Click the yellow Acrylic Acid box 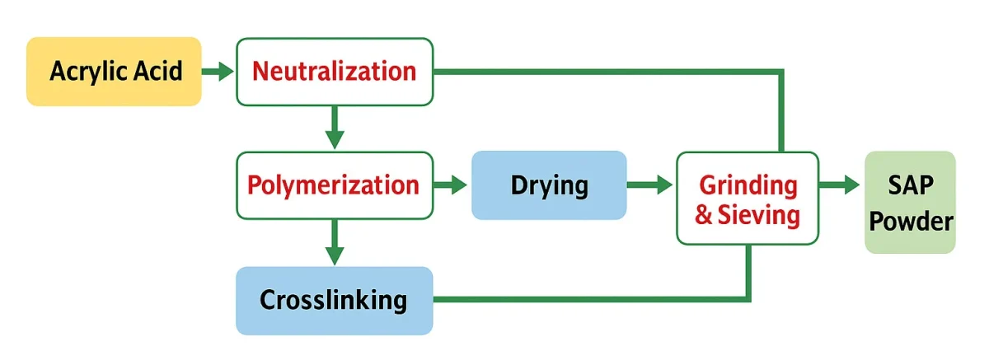tap(114, 72)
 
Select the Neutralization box tap(334, 72)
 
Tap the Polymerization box tap(334, 185)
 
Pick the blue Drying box tap(549, 185)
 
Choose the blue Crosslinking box tap(334, 300)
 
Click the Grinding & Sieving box tap(748, 198)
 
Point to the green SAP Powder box tap(911, 202)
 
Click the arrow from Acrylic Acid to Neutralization tap(218, 72)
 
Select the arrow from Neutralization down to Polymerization tap(334, 128)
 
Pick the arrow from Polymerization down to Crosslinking tap(334, 242)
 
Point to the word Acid tap(160, 72)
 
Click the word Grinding tap(748, 185)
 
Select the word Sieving tap(759, 215)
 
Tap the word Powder tap(912, 221)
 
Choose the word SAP tap(911, 185)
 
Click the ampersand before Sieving tap(705, 216)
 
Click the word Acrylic tap(88, 72)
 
